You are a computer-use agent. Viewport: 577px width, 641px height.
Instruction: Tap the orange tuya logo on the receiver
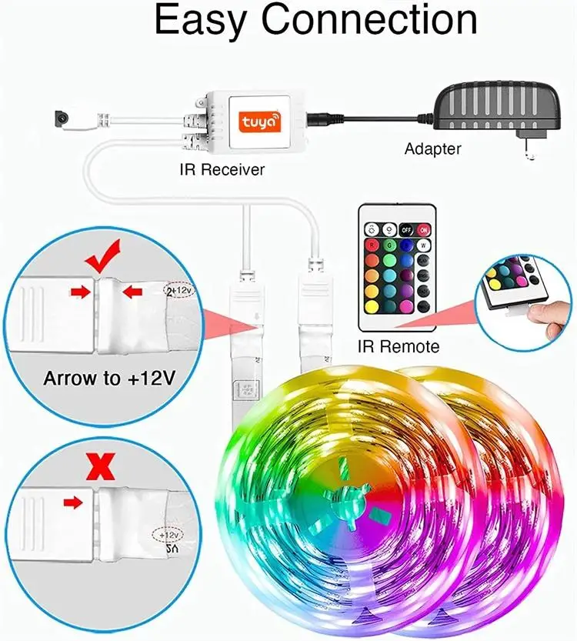point(261,122)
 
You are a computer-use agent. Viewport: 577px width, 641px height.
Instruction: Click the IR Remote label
point(399,347)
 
